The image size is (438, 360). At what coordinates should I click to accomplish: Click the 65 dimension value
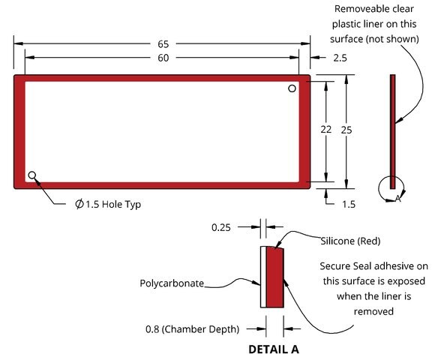[163, 43]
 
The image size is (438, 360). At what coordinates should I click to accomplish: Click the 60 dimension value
[163, 58]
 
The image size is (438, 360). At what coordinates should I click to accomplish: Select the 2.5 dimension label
[340, 58]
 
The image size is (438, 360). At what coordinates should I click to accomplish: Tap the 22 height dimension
[326, 130]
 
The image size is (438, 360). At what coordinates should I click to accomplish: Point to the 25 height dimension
[346, 130]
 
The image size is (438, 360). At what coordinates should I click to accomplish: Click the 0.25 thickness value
[221, 227]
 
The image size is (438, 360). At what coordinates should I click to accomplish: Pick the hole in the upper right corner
[292, 88]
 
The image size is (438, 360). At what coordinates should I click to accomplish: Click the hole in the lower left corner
[32, 175]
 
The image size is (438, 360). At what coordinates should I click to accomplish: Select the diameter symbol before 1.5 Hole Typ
[79, 204]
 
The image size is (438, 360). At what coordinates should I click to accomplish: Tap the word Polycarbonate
[172, 283]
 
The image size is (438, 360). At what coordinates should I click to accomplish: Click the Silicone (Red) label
[350, 241]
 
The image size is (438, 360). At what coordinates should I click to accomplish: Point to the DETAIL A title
[274, 349]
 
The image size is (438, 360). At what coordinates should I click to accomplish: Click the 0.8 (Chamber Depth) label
[193, 329]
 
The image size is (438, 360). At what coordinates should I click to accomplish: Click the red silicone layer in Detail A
[274, 277]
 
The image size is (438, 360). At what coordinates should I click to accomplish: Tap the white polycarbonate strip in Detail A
[263, 277]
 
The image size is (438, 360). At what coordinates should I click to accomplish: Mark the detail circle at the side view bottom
[379, 189]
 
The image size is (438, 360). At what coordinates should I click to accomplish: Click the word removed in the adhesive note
[373, 311]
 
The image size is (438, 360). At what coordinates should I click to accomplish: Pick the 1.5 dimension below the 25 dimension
[349, 204]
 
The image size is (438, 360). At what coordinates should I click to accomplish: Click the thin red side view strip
[392, 131]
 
